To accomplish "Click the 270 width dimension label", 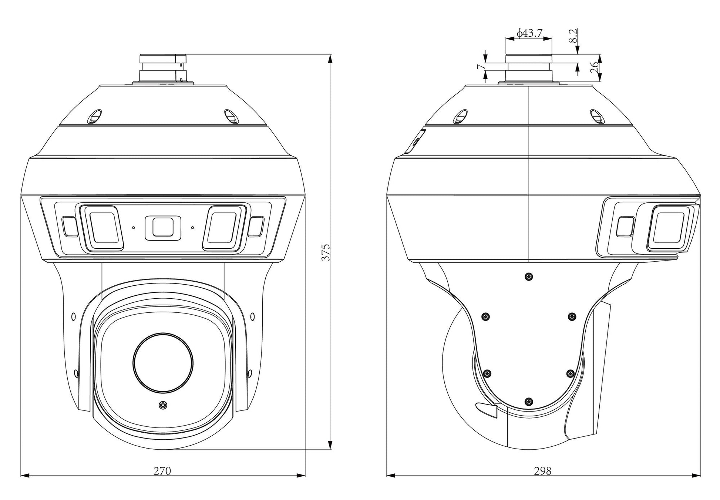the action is pyautogui.click(x=162, y=471).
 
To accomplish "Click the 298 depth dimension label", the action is pyautogui.click(x=543, y=471).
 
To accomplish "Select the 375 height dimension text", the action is pyautogui.click(x=326, y=252).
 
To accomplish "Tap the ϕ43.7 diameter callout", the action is pyautogui.click(x=530, y=33).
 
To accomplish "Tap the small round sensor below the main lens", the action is pyautogui.click(x=162, y=406).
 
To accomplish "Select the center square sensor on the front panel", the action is pyautogui.click(x=162, y=227).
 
